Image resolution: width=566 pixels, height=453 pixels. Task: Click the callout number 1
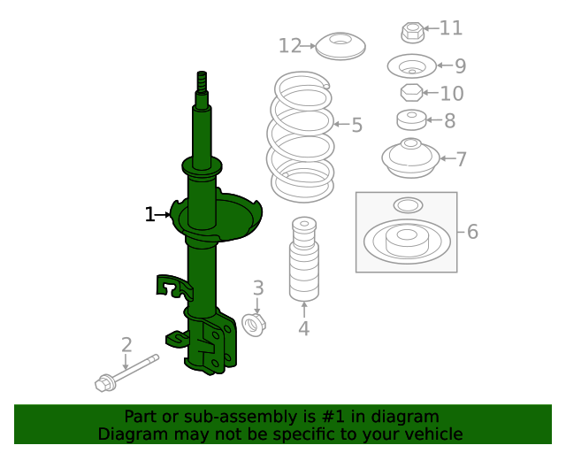[x=149, y=214]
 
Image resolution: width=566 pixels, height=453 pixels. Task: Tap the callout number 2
[x=126, y=345]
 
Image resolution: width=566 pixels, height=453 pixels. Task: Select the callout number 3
[x=258, y=288]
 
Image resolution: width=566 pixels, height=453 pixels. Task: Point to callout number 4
[x=304, y=330]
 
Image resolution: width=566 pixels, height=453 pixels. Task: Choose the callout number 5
[x=356, y=125]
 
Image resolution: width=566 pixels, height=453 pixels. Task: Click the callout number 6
[x=472, y=232]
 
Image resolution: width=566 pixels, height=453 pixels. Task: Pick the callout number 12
[x=289, y=45]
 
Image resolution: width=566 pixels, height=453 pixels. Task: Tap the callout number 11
[x=451, y=28]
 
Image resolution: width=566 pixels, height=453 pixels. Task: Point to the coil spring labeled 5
[x=302, y=137]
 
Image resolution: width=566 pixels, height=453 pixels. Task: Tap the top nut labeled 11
[x=410, y=33]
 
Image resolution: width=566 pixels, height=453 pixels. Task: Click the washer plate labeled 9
[x=411, y=66]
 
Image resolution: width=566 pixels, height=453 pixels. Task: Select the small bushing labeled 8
[x=411, y=119]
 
